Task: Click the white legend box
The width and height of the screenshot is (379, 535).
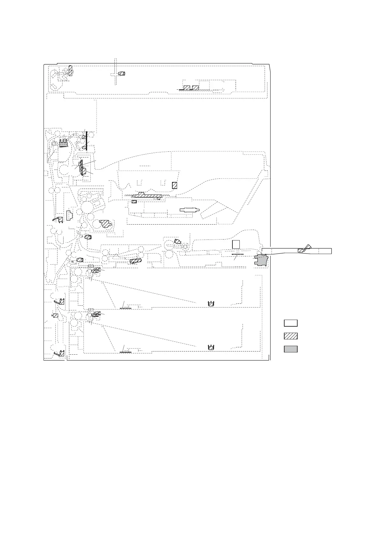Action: click(291, 323)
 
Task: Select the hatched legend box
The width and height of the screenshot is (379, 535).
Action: click(291, 336)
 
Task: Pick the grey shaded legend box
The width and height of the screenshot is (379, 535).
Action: click(291, 349)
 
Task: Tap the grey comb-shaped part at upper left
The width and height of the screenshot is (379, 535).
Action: click(64, 143)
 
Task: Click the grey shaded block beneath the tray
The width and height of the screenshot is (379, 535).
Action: click(261, 260)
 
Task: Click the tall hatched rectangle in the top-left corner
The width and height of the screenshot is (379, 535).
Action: click(71, 70)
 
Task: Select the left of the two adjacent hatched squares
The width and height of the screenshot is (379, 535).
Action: click(187, 88)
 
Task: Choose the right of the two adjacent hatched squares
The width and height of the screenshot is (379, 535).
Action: click(196, 88)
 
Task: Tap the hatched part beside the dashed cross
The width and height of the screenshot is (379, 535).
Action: click(121, 73)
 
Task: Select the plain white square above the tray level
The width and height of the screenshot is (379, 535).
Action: click(236, 244)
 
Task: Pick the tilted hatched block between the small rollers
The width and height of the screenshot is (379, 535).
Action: click(135, 261)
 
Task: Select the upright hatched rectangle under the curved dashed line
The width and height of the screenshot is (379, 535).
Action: click(174, 185)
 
